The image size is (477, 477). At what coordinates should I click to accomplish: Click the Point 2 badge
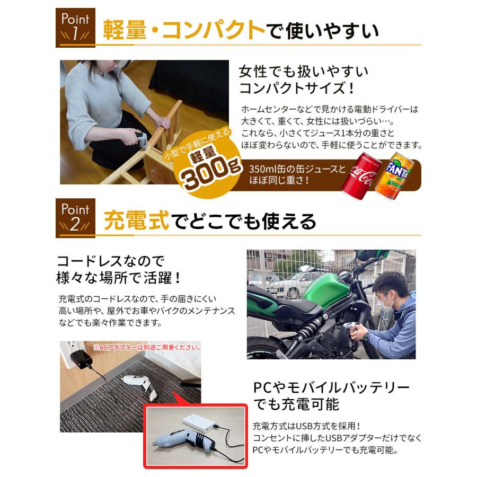76,217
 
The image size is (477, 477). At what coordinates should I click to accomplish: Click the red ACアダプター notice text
147,348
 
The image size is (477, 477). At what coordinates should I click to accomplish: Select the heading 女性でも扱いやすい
303,71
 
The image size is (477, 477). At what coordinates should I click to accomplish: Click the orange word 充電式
136,220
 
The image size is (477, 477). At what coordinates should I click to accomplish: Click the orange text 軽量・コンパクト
183,31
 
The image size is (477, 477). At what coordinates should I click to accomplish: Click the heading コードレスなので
111,261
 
